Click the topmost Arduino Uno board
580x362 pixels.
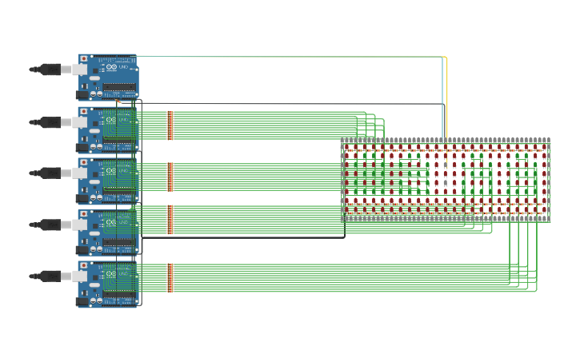(108, 77)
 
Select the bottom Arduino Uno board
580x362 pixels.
(108, 284)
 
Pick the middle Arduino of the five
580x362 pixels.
(108, 181)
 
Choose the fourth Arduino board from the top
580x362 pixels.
(108, 233)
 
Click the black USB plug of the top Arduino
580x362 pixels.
(50, 70)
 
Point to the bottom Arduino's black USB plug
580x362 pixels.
(50, 276)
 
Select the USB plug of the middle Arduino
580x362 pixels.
(50, 173)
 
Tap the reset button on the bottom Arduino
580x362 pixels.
(83, 265)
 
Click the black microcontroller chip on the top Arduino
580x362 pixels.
(119, 87)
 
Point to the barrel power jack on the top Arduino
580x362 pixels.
(82, 94)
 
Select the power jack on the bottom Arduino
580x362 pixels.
(82, 301)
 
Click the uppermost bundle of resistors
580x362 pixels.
(170, 125)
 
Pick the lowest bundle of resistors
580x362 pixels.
(170, 277)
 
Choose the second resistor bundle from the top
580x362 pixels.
(170, 177)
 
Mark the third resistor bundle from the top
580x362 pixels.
(170, 219)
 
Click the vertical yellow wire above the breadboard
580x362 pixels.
(446, 96)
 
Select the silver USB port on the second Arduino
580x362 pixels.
(79, 121)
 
